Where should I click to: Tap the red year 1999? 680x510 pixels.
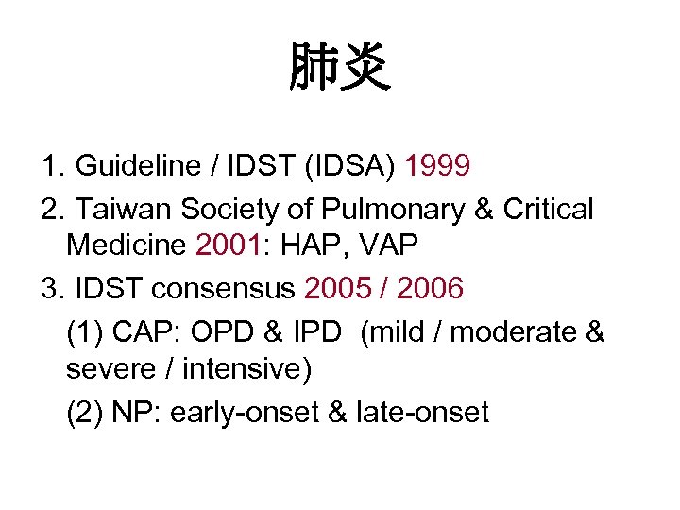pos(437,167)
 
